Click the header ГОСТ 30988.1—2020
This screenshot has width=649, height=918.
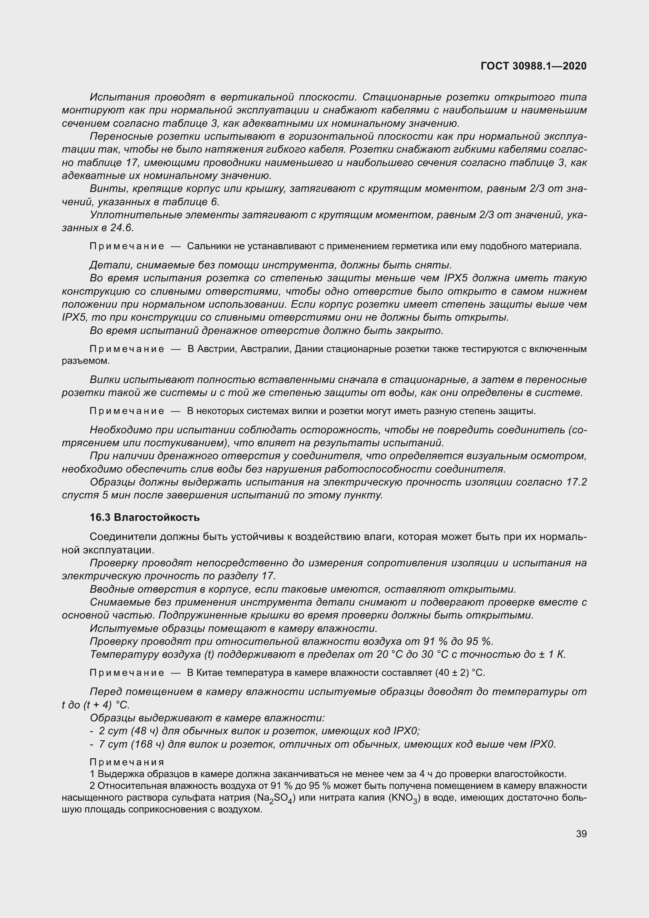tap(534, 66)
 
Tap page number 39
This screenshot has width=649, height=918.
tap(581, 834)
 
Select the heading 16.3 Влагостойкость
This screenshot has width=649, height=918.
tap(144, 517)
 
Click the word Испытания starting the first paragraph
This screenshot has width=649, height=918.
tap(120, 97)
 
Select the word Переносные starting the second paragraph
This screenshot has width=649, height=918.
tap(122, 136)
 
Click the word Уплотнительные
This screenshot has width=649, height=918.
tap(136, 215)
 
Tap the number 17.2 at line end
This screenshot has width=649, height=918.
tap(576, 482)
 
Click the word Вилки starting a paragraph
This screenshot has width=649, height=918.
tap(105, 380)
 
